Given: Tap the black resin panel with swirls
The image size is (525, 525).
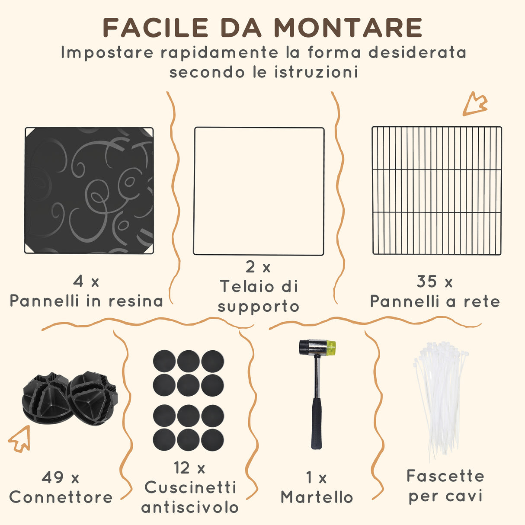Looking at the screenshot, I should (89, 190).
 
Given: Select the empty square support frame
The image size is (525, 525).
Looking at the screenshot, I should (259, 191).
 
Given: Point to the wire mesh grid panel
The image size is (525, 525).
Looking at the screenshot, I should (437, 191).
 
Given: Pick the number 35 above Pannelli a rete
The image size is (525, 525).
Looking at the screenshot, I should (427, 282).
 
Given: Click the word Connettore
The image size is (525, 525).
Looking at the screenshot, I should (61, 497).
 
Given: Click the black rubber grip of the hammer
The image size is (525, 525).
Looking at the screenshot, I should (317, 424).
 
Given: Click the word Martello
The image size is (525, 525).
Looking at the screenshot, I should (317, 497).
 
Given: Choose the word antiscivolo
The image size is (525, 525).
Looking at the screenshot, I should (190, 507).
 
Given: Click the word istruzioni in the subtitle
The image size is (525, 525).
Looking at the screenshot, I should (317, 72).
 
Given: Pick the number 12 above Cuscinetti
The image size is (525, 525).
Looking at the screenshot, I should (182, 467).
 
